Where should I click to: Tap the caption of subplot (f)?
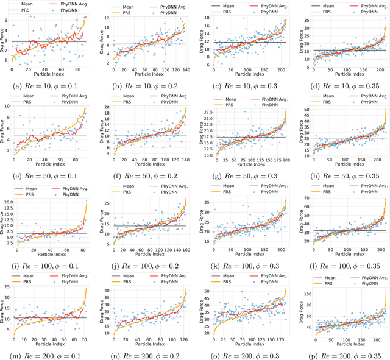tap(149, 176)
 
